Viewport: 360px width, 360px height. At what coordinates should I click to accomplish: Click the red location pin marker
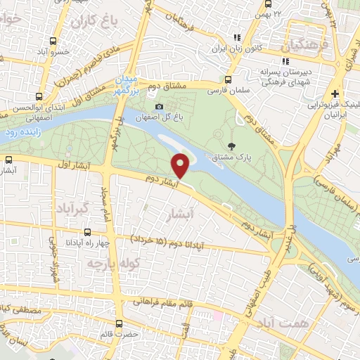click(x=181, y=165)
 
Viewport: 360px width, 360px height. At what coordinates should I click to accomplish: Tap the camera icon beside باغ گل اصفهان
click(x=159, y=107)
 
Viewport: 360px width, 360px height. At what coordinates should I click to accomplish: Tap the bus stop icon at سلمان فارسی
click(x=227, y=79)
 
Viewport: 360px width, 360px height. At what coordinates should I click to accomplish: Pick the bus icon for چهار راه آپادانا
click(x=87, y=232)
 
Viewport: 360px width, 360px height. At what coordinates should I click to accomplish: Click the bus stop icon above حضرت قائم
click(x=118, y=324)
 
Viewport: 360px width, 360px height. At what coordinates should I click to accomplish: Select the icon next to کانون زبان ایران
click(x=236, y=38)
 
